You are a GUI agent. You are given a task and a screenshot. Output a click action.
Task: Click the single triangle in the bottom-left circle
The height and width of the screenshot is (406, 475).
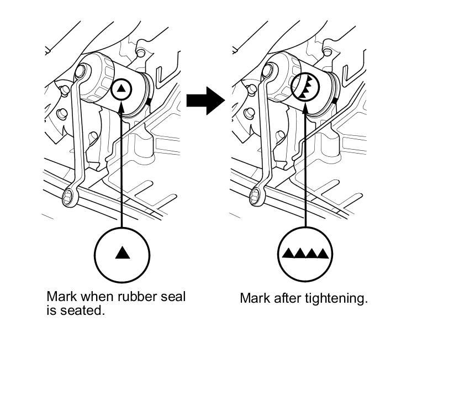click(123, 253)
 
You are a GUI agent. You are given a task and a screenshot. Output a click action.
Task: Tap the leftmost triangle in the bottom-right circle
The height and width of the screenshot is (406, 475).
click(288, 254)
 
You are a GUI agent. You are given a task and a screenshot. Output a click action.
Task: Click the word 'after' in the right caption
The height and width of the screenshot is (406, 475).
click(287, 298)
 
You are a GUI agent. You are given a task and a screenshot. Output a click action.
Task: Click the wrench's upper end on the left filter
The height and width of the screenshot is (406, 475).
click(82, 70)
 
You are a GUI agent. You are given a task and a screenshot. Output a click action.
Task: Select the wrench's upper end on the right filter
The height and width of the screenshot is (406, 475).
click(269, 70)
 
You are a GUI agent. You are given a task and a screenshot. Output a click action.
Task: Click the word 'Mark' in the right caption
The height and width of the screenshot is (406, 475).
click(252, 298)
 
